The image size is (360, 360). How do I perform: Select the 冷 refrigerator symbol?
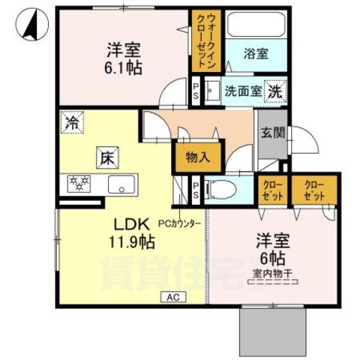(x=73, y=122)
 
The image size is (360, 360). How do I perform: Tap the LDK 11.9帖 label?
(x=133, y=232)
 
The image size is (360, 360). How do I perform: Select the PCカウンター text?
(x=181, y=223)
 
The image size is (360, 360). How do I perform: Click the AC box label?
(x=172, y=296)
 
